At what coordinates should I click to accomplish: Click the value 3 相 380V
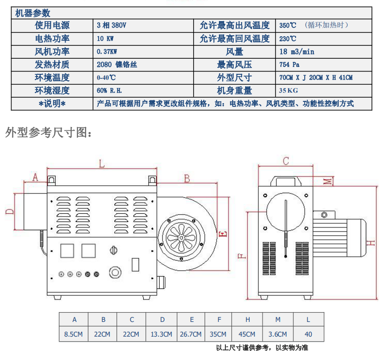pyautogui.click(x=111, y=25)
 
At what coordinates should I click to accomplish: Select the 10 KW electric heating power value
pyautogui.click(x=105, y=39)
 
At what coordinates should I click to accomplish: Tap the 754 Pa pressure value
pyautogui.click(x=289, y=65)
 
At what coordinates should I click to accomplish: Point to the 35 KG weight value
pyautogui.click(x=288, y=90)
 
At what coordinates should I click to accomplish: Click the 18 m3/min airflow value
pyautogui.click(x=297, y=52)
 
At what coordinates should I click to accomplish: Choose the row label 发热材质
pyautogui.click(x=52, y=65)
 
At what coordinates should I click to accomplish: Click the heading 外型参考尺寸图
pyautogui.click(x=49, y=133)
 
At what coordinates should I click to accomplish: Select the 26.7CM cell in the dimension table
pyautogui.click(x=190, y=334)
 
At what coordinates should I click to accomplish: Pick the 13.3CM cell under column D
pyautogui.click(x=161, y=334)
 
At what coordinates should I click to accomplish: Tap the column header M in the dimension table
pyautogui.click(x=278, y=320)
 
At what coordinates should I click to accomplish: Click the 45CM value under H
pyautogui.click(x=247, y=334)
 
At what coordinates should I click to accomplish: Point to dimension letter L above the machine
pyautogui.click(x=102, y=164)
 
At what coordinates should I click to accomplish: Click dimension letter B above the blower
pyautogui.click(x=187, y=178)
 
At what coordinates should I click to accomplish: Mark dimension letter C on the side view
pyautogui.click(x=286, y=161)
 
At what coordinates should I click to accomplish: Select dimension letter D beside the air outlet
pyautogui.click(x=10, y=211)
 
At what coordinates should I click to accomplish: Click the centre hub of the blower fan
pyautogui.click(x=181, y=238)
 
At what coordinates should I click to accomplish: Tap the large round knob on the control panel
pyautogui.click(x=115, y=272)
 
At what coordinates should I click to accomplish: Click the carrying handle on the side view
pyautogui.click(x=286, y=181)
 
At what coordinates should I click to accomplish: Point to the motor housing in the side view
pyautogui.click(x=340, y=237)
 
